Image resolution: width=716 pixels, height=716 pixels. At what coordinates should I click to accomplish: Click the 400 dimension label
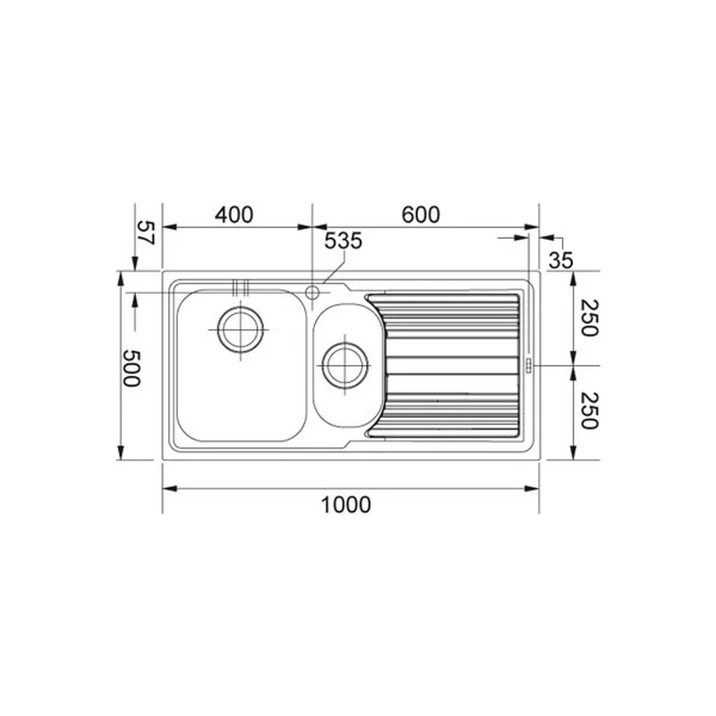tap(234, 215)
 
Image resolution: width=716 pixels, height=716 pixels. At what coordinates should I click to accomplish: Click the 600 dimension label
tap(421, 215)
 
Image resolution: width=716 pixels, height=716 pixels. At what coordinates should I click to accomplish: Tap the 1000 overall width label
tap(345, 505)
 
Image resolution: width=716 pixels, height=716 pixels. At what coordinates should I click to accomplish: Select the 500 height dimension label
tap(132, 368)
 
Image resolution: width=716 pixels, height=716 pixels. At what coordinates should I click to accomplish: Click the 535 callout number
tap(343, 241)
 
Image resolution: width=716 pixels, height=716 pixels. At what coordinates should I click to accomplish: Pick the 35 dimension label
tap(560, 260)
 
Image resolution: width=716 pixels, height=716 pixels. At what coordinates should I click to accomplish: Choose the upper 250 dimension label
tap(589, 318)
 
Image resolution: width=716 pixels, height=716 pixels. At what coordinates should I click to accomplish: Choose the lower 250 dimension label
tap(589, 411)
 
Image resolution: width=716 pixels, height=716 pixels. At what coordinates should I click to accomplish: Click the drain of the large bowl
tap(241, 329)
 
